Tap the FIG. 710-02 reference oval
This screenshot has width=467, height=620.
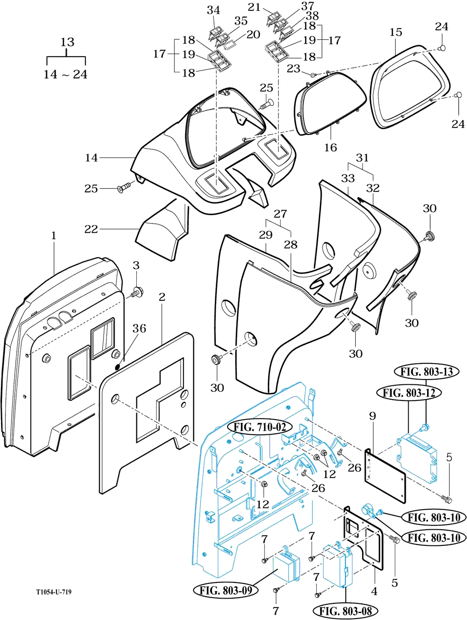coord(262,427)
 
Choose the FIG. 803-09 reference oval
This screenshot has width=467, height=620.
coord(226,591)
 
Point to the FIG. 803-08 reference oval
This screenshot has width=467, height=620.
coord(345,611)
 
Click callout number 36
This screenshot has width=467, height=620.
coord(139,328)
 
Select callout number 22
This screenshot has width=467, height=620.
coord(91,229)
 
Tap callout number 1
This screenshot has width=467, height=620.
coord(54,235)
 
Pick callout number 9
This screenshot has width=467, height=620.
coord(372,416)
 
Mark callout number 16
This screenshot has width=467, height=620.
coord(330,147)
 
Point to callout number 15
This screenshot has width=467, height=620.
coord(396,32)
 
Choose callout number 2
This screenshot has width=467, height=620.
coord(162,297)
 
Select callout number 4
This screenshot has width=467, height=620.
coord(374,591)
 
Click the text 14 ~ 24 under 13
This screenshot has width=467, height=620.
coord(66,74)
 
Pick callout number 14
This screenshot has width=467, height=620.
coord(91,157)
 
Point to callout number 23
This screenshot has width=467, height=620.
coord(293,68)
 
